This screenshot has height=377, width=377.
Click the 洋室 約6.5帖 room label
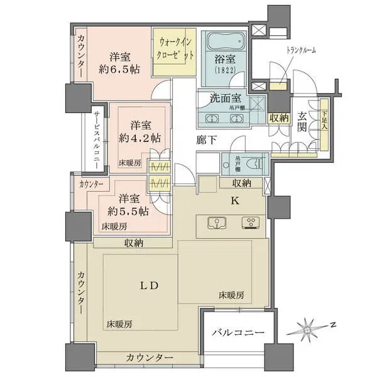[x=114, y=62]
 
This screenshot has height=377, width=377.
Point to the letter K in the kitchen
[x=235, y=201]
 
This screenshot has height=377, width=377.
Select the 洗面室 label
[x=226, y=99]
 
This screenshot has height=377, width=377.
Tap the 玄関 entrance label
[x=303, y=122]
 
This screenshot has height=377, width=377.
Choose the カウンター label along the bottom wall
[x=150, y=358]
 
